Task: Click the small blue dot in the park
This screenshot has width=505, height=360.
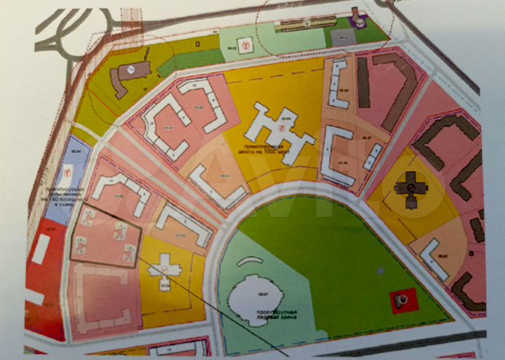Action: (379, 270)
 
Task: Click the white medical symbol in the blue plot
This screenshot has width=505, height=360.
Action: (68, 171)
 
